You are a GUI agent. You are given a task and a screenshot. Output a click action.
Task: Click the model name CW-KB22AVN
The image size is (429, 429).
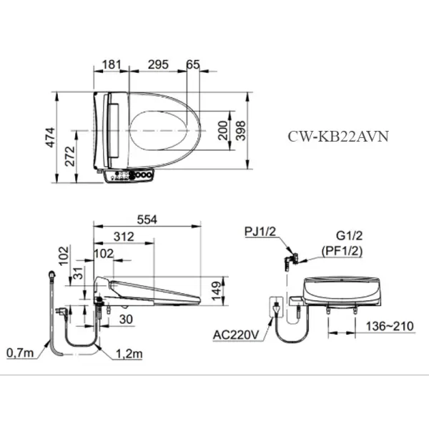coord(338,136)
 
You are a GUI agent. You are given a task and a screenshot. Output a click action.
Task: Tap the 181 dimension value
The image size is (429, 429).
coord(112,64)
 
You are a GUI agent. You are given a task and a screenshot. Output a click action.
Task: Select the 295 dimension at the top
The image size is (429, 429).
coord(158,64)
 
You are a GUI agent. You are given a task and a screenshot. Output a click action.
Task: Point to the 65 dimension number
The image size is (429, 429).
coord(193,64)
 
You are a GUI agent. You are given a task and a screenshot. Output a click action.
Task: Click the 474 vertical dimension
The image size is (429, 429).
coord(51,137)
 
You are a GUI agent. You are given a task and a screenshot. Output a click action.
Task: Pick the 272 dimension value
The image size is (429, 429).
coord(70,156)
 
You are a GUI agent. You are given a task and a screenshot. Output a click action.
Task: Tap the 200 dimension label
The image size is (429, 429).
coord(223,131)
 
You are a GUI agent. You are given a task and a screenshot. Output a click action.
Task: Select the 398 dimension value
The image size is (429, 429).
coord(241,131)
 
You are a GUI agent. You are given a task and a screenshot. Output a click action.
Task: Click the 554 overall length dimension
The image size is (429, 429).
coord(147,220)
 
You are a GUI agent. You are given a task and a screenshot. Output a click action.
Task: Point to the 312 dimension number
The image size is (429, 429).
coord(124,237)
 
